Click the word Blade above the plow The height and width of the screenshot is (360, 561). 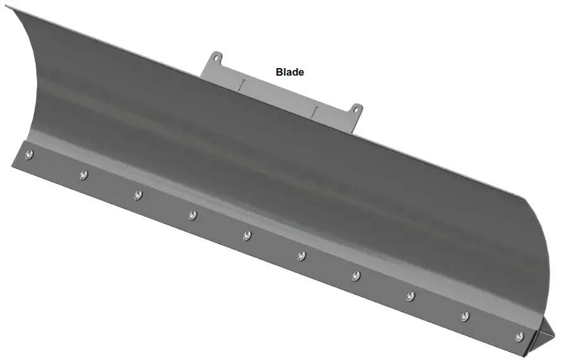click(290, 72)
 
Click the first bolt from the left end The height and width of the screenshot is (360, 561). click(29, 155)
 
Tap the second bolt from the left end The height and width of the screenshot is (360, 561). click(83, 175)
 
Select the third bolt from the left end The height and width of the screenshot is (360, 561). click(137, 195)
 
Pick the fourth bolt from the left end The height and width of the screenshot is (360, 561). click(192, 216)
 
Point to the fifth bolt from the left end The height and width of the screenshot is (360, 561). click(246, 235)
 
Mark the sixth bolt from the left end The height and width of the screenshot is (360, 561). click(301, 255)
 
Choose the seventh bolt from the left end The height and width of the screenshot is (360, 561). click(356, 276)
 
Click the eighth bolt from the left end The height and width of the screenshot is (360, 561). click(410, 296)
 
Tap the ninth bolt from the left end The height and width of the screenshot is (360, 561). click(465, 316)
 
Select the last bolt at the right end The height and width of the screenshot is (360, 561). click(519, 336)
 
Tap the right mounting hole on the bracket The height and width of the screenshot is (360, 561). click(356, 110)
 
